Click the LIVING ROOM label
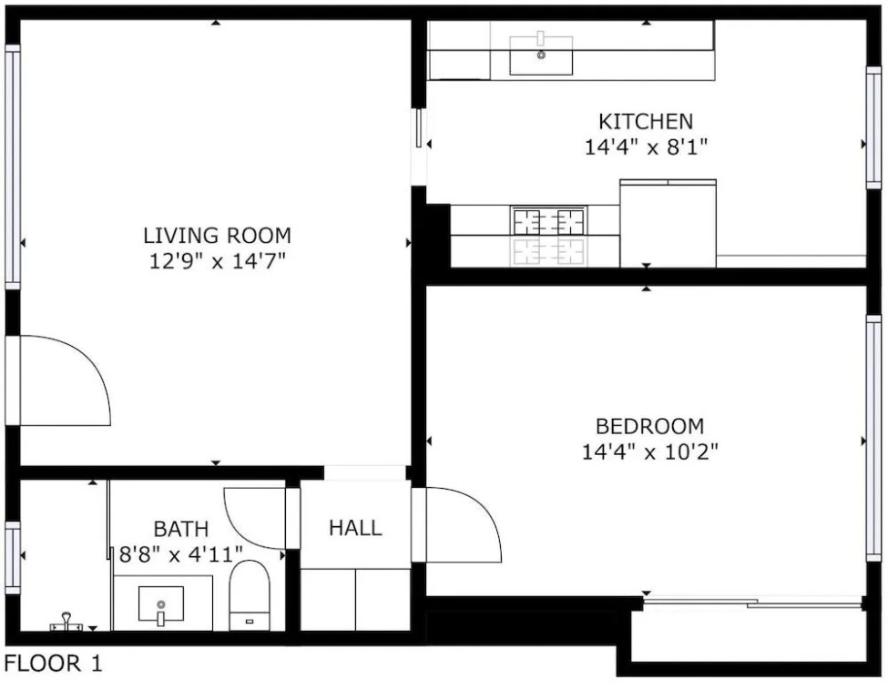click(x=217, y=236)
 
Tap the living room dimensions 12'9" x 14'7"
click(x=217, y=261)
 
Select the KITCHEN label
click(x=646, y=122)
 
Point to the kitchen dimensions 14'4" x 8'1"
click(x=646, y=147)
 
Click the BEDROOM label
click(x=649, y=426)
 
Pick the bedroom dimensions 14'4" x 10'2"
click(x=649, y=452)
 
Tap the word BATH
click(x=181, y=529)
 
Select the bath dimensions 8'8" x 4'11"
click(x=180, y=554)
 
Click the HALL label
click(x=355, y=528)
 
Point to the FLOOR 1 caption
click(x=53, y=664)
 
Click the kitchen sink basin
click(x=541, y=56)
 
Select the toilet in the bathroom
click(x=250, y=595)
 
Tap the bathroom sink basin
click(x=161, y=604)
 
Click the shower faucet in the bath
click(x=66, y=622)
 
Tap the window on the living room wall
click(x=13, y=167)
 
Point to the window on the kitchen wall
click(x=873, y=127)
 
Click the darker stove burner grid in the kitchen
click(x=548, y=221)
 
